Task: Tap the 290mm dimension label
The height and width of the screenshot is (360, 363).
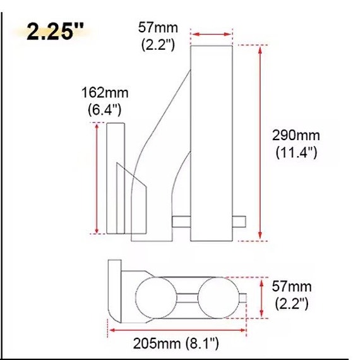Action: click(296, 135)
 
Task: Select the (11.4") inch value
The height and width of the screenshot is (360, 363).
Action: click(296, 152)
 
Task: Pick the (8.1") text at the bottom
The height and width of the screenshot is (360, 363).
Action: click(202, 344)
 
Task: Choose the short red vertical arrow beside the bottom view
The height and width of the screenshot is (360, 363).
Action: click(261, 297)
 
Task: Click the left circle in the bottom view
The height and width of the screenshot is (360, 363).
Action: click(153, 296)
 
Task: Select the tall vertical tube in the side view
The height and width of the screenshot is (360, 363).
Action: click(211, 143)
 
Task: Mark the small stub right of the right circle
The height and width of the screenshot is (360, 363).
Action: click(240, 297)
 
